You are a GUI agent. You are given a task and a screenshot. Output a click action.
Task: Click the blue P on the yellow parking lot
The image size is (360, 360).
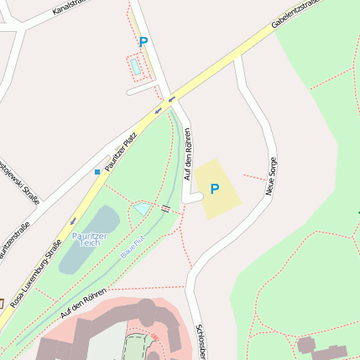[214, 190]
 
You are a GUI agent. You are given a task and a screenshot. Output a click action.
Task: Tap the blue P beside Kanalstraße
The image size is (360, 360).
[143, 42]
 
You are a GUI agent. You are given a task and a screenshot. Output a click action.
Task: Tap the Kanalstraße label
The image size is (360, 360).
[71, 8]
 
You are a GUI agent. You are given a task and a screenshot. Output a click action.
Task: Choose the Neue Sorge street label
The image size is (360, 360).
[271, 175]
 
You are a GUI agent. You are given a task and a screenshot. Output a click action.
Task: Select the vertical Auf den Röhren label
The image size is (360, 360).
[188, 154]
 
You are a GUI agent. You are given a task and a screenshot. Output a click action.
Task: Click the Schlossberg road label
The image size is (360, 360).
[200, 340]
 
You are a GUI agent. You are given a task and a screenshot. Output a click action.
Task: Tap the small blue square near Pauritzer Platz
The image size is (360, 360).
[97, 171]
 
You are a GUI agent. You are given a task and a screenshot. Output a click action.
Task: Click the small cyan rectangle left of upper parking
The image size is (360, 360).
[134, 65]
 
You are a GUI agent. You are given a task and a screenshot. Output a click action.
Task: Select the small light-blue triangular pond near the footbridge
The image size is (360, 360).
[142, 208]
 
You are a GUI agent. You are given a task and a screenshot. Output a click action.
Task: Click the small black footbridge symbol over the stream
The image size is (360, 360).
[166, 206]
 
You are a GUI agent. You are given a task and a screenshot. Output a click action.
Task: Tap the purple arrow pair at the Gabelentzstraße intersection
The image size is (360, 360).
[165, 103]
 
